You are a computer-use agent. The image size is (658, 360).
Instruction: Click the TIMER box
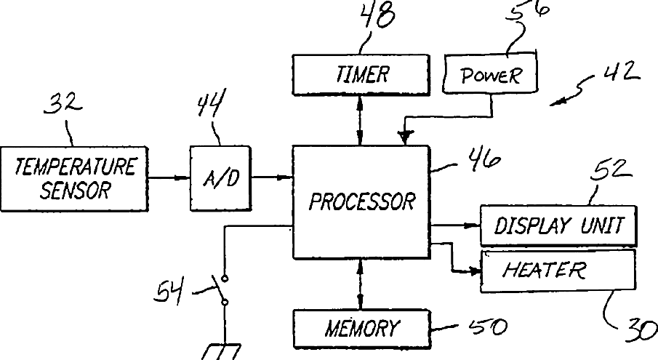click(361, 75)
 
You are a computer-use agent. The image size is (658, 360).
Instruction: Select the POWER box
click(491, 72)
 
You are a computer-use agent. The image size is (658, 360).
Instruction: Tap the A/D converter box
click(221, 178)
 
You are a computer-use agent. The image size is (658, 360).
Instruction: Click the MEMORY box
click(362, 329)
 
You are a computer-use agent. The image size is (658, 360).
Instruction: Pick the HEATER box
click(558, 271)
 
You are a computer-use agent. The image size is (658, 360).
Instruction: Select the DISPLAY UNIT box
click(558, 225)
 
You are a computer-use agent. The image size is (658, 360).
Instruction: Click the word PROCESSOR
click(362, 201)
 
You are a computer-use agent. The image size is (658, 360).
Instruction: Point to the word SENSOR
click(76, 190)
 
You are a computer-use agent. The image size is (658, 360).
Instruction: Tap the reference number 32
click(63, 103)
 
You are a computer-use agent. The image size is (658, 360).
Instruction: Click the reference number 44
click(212, 102)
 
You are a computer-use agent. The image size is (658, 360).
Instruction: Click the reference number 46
click(485, 159)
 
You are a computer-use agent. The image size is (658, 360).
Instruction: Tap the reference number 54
click(169, 292)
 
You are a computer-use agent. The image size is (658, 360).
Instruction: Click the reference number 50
click(488, 327)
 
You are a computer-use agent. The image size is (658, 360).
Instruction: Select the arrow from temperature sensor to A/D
click(169, 178)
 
